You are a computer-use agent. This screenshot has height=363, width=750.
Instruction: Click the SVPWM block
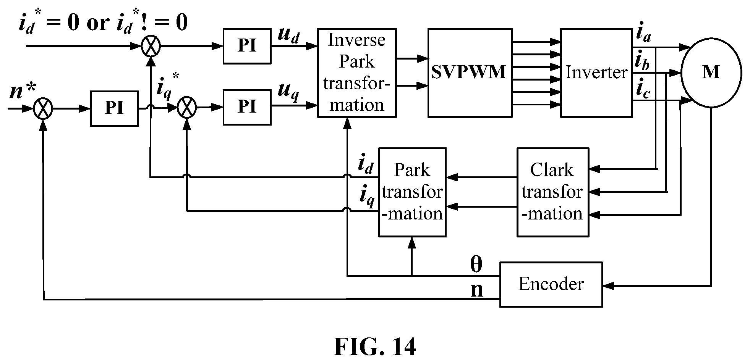click(470, 73)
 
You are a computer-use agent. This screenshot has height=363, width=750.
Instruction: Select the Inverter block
click(596, 73)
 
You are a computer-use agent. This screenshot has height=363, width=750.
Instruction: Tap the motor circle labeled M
click(711, 73)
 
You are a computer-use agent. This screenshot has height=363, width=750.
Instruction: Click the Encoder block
click(551, 284)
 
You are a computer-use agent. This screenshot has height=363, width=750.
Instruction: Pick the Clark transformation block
click(552, 192)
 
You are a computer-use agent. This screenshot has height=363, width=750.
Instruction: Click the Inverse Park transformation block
click(357, 73)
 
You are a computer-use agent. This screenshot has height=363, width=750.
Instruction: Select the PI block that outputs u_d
click(247, 46)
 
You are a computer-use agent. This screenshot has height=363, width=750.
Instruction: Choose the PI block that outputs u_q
click(247, 107)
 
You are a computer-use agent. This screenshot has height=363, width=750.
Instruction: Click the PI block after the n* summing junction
click(114, 108)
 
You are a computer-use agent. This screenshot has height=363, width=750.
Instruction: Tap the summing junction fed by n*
click(43, 108)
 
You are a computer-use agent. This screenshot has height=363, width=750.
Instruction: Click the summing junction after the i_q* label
click(187, 107)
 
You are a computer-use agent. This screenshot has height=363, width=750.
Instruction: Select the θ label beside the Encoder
click(476, 264)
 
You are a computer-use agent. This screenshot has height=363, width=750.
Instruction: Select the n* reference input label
click(22, 92)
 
